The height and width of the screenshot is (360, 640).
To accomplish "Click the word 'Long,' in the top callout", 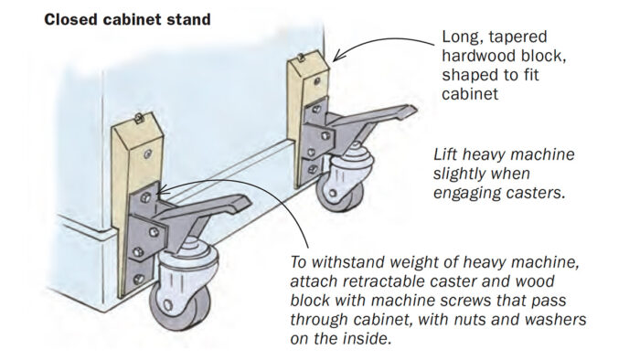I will point(464,39).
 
